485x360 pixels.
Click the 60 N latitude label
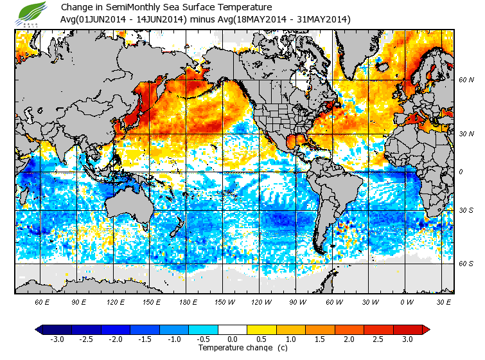coord(466,80)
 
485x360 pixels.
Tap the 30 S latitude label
coord(466,211)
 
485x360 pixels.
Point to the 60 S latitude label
coord(466,264)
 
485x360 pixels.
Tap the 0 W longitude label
coord(406,301)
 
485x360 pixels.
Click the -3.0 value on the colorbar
coord(57,339)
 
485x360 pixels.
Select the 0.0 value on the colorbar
coord(233,339)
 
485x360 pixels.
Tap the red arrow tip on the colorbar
coord(426,329)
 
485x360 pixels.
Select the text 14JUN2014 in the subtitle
coord(159,20)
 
